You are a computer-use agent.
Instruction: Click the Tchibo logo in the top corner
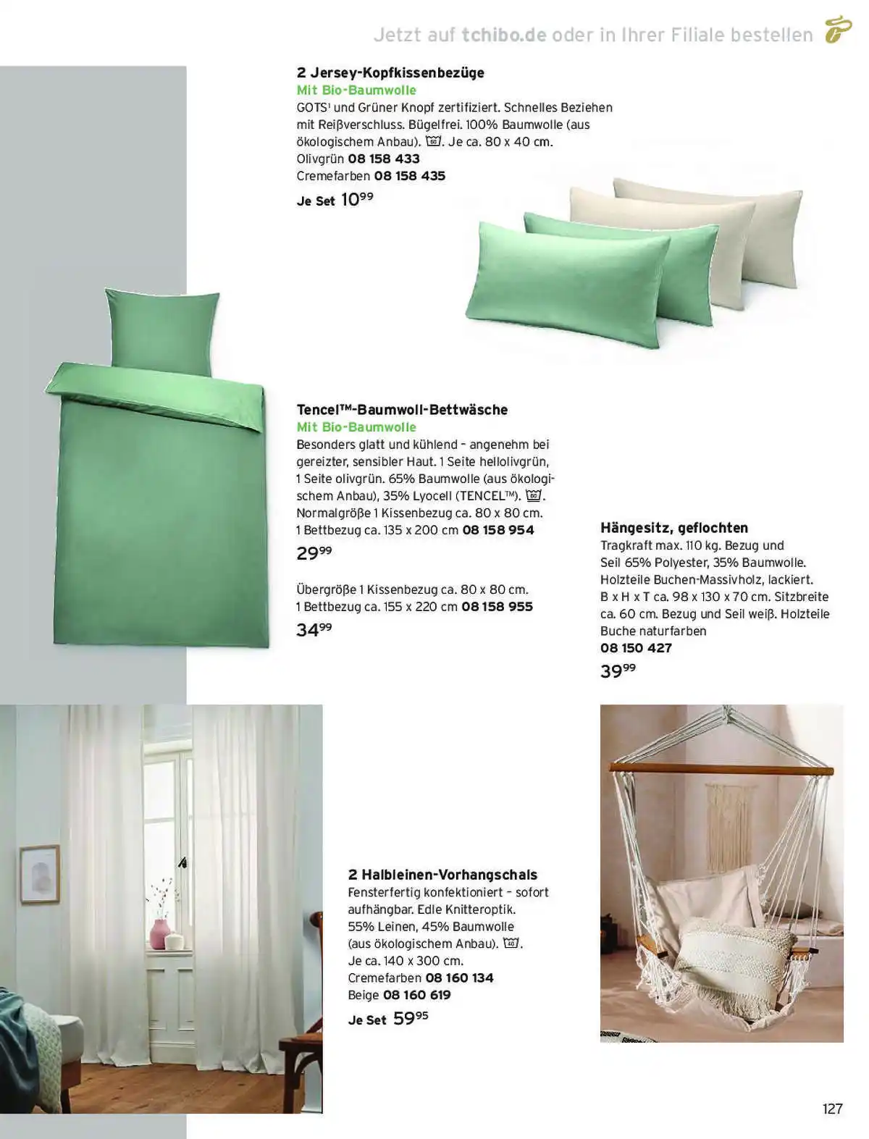(x=838, y=30)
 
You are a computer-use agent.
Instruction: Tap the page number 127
(x=832, y=1109)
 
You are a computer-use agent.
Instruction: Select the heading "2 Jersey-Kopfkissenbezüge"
(x=390, y=72)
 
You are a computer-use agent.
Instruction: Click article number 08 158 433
(x=384, y=159)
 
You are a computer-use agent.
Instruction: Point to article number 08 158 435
(x=409, y=176)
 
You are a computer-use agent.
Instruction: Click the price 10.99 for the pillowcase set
(x=356, y=199)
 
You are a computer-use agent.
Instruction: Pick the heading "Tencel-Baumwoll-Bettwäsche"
(x=402, y=410)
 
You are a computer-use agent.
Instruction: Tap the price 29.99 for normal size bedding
(x=314, y=553)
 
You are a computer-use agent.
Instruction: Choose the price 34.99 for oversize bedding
(x=314, y=630)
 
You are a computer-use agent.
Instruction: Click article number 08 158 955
(x=497, y=607)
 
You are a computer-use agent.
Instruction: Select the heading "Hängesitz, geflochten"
(x=674, y=528)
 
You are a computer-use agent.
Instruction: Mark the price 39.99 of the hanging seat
(x=618, y=671)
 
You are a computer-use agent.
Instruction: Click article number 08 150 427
(x=636, y=648)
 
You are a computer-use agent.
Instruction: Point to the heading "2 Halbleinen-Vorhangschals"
(x=442, y=875)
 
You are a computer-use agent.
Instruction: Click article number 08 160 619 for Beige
(x=416, y=995)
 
